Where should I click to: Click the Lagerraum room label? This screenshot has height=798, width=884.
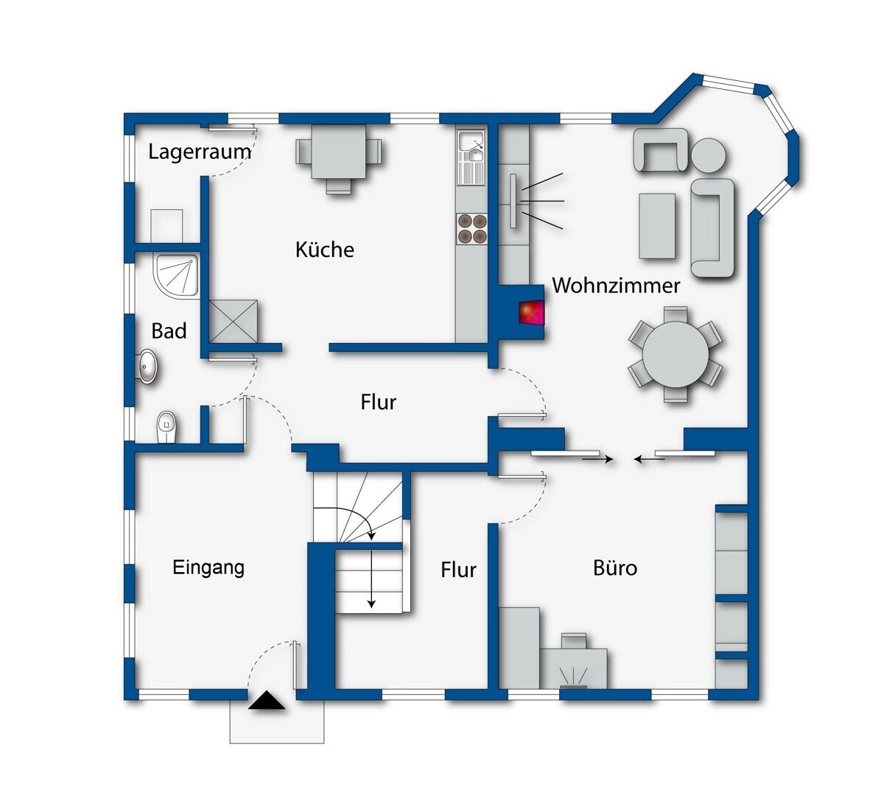199,152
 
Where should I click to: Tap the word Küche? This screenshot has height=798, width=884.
325,250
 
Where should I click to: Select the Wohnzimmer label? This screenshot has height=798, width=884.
616,286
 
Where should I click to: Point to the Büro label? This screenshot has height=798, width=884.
615,568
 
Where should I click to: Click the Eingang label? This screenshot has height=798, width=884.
208,568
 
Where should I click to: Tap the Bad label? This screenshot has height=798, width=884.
169,331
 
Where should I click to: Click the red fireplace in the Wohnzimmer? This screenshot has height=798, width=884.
530,312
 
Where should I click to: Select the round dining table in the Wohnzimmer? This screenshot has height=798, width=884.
674,355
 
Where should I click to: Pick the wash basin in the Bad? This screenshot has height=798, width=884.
149,366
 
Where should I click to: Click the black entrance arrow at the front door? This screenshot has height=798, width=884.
267,701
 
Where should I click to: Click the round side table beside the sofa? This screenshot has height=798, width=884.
709,155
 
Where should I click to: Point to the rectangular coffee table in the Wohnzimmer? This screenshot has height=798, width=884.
657,225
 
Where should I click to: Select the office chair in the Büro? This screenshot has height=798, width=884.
574,640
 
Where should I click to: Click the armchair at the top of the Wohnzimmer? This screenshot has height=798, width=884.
661,149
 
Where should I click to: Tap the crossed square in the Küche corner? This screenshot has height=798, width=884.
234,322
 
